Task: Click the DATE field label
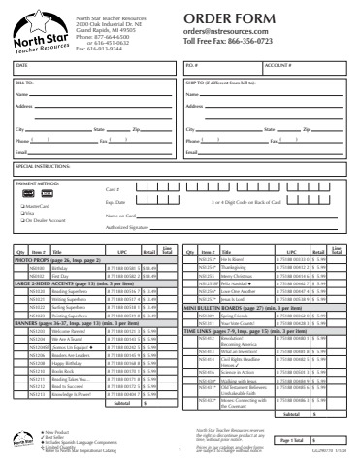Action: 20,65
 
